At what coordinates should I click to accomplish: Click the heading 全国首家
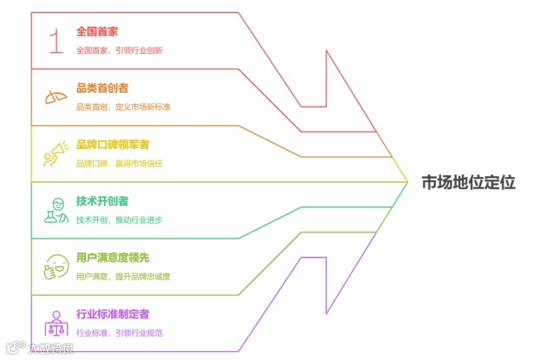97,31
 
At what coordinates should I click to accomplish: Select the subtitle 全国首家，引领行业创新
120,50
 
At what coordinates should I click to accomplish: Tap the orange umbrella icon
56,97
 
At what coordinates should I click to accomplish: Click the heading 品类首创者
103,88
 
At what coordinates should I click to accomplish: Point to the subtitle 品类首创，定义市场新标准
123,107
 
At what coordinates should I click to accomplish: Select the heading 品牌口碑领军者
113,144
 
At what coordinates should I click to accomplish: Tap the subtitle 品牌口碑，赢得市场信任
120,163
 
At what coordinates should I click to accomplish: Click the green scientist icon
56,210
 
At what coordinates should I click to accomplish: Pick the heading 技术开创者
102,201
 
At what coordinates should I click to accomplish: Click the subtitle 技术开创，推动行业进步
120,219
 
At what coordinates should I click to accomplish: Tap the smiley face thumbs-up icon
56,266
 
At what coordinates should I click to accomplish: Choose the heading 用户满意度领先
113,258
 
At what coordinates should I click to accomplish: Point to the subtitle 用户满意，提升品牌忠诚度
123,276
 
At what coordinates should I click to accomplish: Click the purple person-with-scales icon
56,323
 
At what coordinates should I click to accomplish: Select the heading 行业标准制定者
113,314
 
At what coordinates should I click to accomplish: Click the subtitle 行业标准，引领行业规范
120,332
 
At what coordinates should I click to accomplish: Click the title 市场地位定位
468,182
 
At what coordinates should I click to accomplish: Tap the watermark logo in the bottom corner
39,350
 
